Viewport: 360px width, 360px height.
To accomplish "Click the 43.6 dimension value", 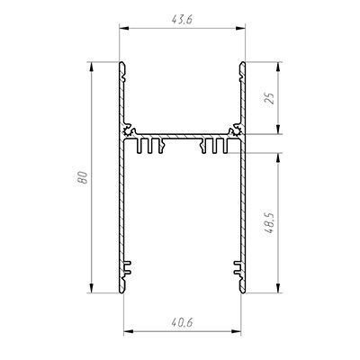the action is [x=182, y=20].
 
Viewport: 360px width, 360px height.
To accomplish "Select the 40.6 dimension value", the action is [x=182, y=322].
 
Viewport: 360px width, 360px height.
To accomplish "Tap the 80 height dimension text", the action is [x=82, y=177].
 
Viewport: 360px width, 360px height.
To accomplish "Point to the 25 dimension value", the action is [x=270, y=98].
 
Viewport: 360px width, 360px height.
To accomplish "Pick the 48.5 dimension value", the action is [x=269, y=223].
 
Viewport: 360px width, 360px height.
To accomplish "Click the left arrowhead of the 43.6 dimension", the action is [x=124, y=28].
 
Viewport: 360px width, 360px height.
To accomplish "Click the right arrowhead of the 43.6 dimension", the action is [x=240, y=28].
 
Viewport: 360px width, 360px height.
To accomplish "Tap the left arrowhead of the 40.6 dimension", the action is [x=128, y=331].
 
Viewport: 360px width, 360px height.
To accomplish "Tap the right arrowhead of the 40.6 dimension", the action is [x=237, y=331].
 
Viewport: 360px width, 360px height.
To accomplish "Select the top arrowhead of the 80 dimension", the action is [x=92, y=67].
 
